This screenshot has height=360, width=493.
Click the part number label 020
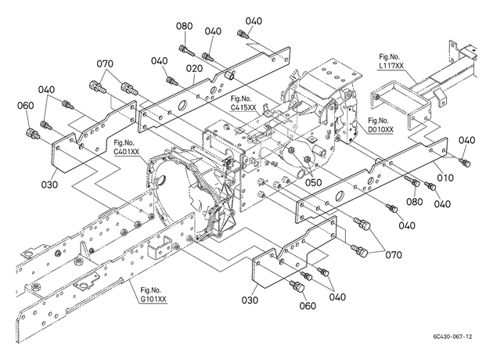coord(194,69)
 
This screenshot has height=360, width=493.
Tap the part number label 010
coord(445,178)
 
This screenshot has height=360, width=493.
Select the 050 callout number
coord(314,182)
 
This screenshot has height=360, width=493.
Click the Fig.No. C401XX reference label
coord(126,148)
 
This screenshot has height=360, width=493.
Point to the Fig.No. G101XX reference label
coord(153,294)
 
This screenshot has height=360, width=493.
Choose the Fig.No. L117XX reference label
coord(391,61)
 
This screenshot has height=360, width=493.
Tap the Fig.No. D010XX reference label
coord(380,125)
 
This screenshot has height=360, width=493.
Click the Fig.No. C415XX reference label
coord(243,103)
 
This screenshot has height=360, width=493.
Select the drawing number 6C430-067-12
coord(453,337)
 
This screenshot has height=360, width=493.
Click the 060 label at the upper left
coord(26,106)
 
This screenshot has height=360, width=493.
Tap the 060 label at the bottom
coord(308,305)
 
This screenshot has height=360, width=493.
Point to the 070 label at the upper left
coord(105,64)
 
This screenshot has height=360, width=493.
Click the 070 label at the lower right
coord(394,254)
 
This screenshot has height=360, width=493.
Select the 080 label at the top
coord(184,26)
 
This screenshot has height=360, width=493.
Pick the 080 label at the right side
coord(415,202)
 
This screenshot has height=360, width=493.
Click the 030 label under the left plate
coord(49,184)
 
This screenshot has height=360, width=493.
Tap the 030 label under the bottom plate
coord(250,301)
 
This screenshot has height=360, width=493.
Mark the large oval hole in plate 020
coord(182,106)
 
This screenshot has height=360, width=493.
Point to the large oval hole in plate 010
coord(340,196)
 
